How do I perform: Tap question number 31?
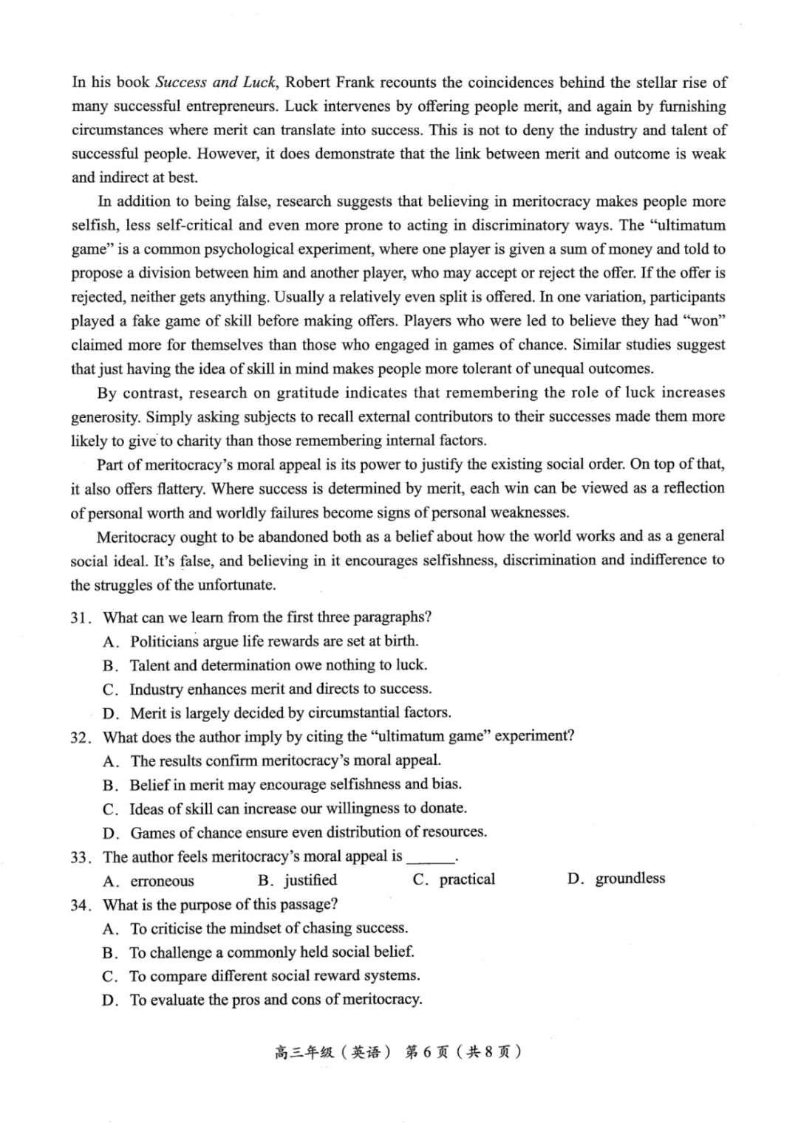[x=81, y=618]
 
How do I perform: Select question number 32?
[x=81, y=738]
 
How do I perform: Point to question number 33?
[x=81, y=857]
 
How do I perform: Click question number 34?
[x=81, y=905]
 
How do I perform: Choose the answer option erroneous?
[x=162, y=881]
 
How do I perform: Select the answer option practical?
[x=467, y=879]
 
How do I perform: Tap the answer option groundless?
[x=630, y=879]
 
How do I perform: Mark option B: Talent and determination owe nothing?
[x=278, y=665]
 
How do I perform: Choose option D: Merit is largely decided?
[x=290, y=713]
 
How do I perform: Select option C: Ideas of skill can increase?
[x=298, y=808]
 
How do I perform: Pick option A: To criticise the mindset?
[x=269, y=928]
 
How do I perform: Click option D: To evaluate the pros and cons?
[x=276, y=1000]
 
